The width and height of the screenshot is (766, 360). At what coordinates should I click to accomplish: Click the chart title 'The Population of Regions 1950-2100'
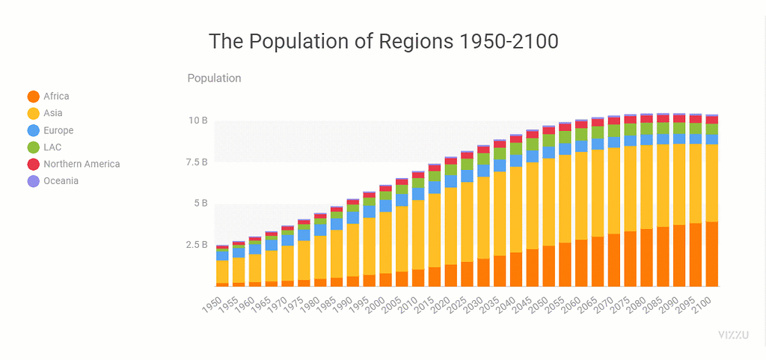tap(383, 41)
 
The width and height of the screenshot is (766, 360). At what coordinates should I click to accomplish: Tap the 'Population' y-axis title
tap(214, 78)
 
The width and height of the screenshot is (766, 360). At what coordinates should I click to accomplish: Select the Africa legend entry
tap(56, 97)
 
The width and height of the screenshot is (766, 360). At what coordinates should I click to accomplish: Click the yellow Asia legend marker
tap(33, 114)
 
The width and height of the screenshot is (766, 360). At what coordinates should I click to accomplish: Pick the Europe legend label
tap(58, 130)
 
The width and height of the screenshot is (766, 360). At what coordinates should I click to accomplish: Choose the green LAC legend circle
tap(33, 147)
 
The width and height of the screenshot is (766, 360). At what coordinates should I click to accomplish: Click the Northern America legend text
tap(81, 164)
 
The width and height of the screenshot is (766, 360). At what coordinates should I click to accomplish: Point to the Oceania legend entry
tap(61, 181)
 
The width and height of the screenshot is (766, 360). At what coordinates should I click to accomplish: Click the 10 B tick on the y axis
tap(197, 120)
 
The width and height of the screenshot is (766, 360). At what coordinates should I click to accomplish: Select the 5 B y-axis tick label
tap(200, 203)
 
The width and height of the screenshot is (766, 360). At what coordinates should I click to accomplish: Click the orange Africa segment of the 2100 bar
tap(712, 254)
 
